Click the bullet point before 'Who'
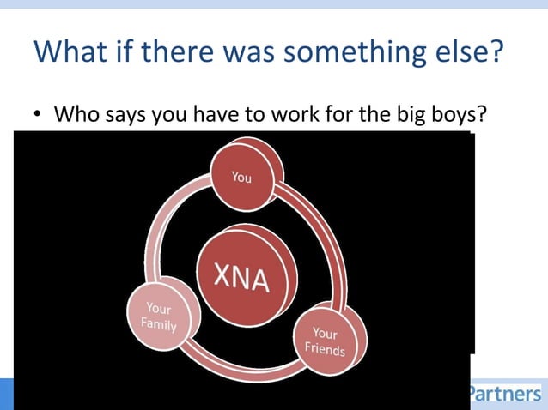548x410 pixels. tap(38, 115)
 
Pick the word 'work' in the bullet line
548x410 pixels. tap(283, 114)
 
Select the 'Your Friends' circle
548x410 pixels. tap(328, 341)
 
